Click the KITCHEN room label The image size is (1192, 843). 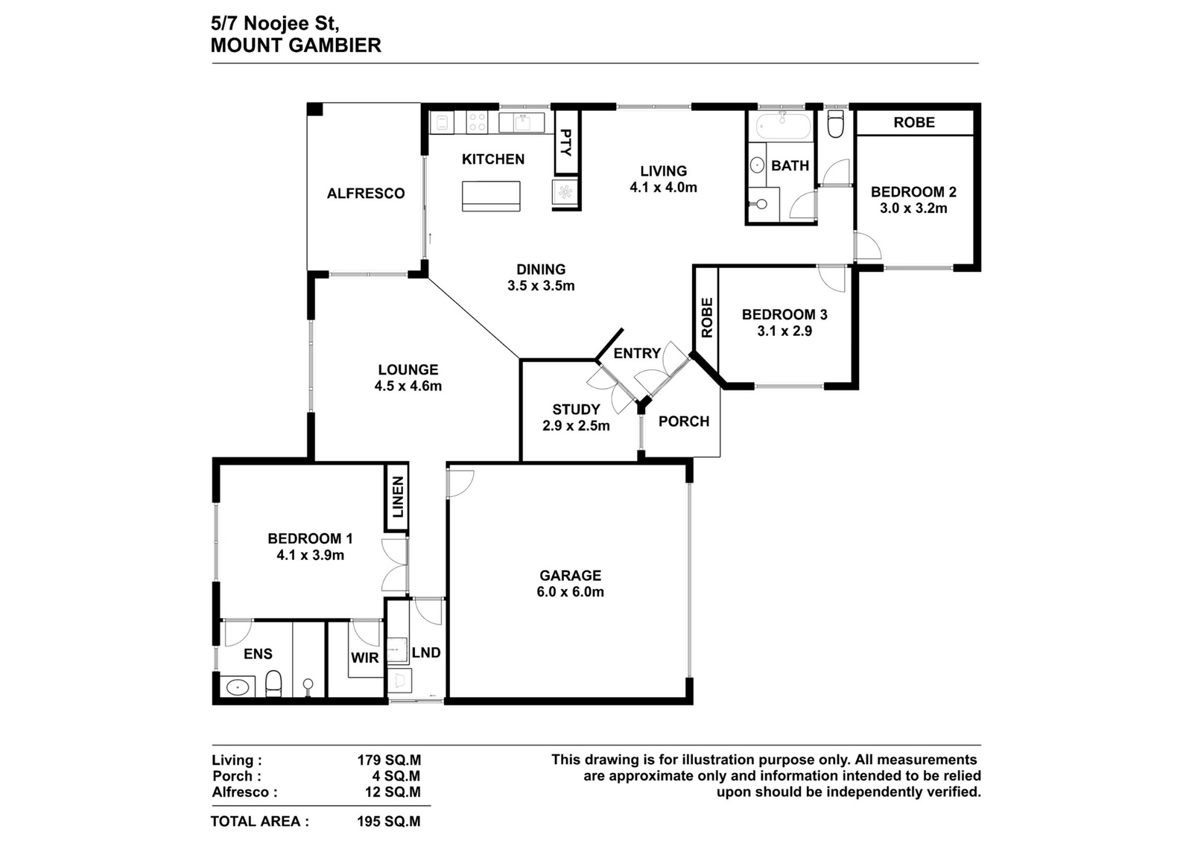(x=492, y=159)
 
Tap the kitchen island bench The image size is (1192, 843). (x=491, y=196)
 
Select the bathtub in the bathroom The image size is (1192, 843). (x=783, y=127)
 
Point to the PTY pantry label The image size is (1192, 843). (x=566, y=142)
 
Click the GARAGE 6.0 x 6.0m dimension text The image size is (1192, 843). (x=570, y=592)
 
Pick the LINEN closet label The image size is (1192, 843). (x=398, y=497)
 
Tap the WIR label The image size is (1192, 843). (x=364, y=658)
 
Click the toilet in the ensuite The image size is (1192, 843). (x=273, y=684)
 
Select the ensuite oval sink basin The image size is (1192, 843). (x=238, y=687)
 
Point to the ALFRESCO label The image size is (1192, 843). (x=366, y=193)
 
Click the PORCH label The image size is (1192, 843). (x=684, y=421)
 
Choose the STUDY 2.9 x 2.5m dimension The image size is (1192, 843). (x=576, y=425)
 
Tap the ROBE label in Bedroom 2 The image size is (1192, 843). (x=914, y=122)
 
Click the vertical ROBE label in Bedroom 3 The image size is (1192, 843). (x=707, y=317)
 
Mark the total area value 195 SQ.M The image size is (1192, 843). (x=388, y=821)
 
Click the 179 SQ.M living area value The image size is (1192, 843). (x=388, y=760)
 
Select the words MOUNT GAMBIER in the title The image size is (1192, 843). (x=296, y=45)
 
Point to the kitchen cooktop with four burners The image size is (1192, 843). (x=476, y=123)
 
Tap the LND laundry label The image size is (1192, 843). (x=426, y=652)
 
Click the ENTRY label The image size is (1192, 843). (x=637, y=353)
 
